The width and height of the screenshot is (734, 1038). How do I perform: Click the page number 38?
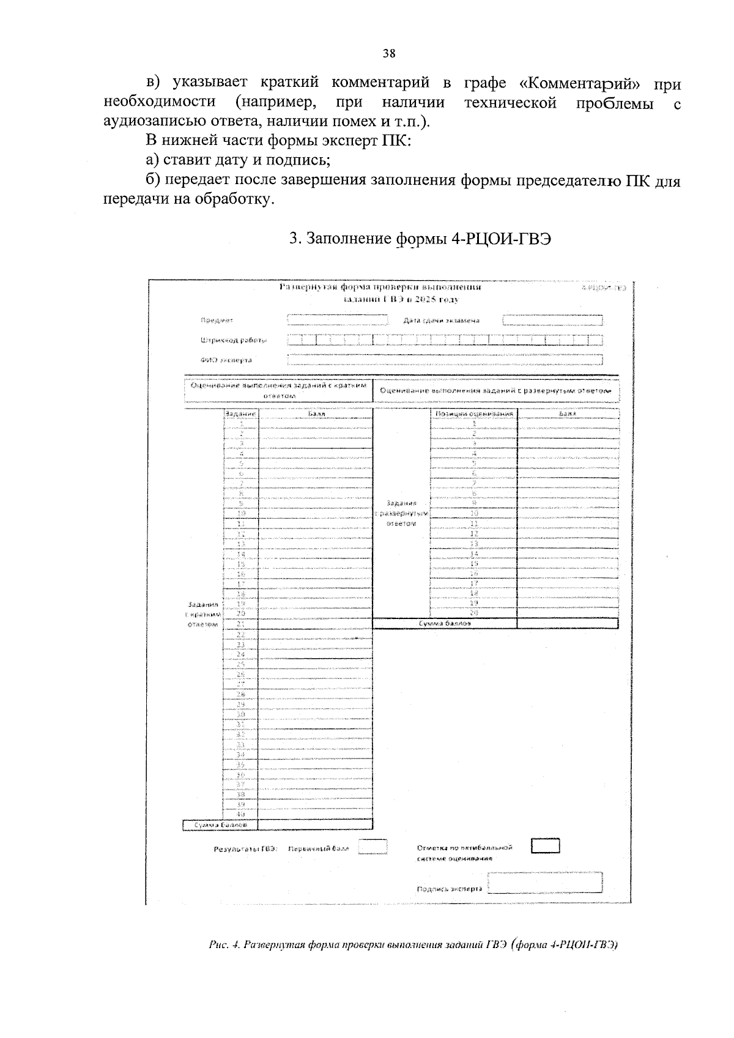389,53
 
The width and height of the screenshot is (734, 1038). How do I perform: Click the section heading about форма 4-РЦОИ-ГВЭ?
420,239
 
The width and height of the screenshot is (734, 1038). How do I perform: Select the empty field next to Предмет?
338,320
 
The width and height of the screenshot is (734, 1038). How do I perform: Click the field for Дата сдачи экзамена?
552,320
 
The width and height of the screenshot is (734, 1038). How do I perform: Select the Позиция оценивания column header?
473,414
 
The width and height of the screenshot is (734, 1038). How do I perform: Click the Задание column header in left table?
241,414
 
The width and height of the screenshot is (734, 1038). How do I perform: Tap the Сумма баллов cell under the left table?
221,825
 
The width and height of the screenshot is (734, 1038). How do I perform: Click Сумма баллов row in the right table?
445,623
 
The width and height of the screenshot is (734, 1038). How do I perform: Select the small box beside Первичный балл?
372,847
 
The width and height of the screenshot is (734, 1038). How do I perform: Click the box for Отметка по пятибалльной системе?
545,846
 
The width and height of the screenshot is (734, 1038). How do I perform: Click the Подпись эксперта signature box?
546,883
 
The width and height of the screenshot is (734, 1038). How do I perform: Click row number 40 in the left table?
241,815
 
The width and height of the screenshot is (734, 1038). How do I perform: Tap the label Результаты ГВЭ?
245,849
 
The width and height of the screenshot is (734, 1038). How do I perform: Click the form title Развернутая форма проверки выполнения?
379,287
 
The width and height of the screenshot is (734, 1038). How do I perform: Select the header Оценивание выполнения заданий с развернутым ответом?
495,390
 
